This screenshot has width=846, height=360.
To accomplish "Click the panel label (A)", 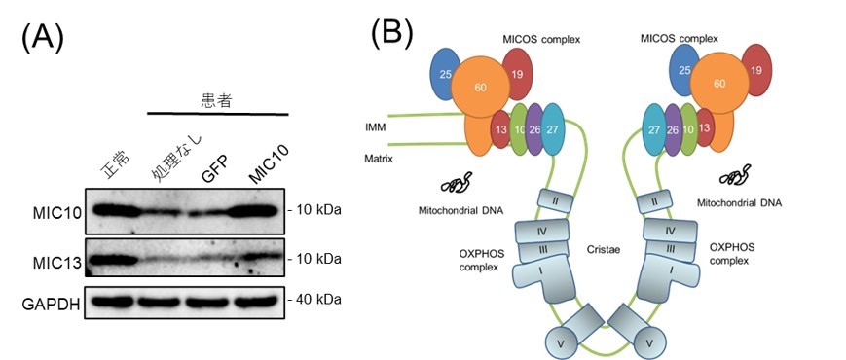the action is coord(43,39).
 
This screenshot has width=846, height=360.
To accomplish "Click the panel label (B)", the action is coord(393,33).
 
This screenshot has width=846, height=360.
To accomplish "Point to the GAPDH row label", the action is coord(51,305).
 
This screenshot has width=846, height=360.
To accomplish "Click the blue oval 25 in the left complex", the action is coord(445,74).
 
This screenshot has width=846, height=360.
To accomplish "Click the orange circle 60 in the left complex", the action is coord(480,87).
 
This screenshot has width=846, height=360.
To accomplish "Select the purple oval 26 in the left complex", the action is coord(534,129).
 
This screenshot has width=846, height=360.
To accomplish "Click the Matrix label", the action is coord(378,160).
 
